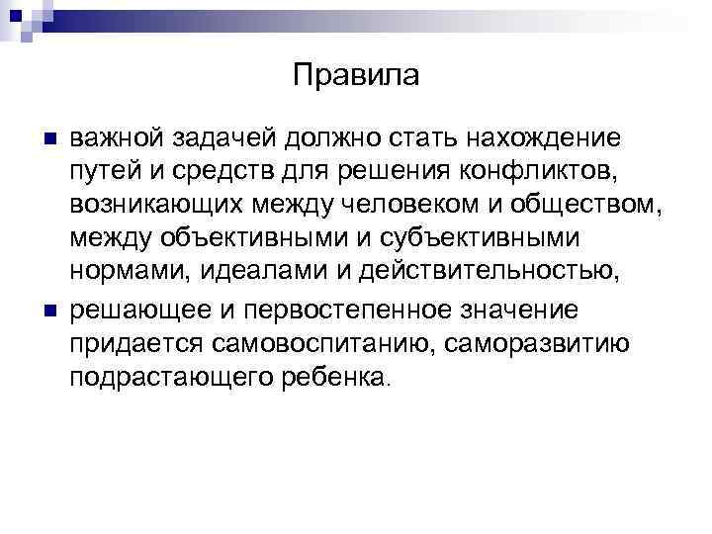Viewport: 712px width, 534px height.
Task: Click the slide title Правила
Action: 356,76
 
